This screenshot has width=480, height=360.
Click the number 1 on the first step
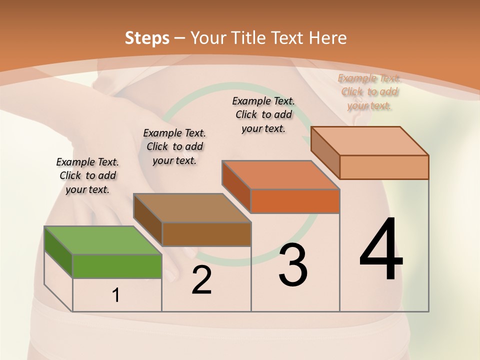[116, 295]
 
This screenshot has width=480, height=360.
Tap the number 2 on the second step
[201, 280]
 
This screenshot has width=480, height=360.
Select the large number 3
[292, 265]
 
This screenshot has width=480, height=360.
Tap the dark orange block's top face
[280, 175]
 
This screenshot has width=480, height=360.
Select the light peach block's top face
[369, 141]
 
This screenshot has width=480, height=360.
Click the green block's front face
[117, 266]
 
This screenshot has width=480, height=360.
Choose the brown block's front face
[206, 234]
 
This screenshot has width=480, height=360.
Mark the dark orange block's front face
[295, 201]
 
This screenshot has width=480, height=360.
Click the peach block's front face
[384, 167]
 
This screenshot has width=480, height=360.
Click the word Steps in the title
[147, 38]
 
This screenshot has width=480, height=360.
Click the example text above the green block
[87, 175]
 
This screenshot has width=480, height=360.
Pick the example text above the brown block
[174, 146]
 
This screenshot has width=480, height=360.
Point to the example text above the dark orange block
[263, 114]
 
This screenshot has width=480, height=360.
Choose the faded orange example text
[369, 91]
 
